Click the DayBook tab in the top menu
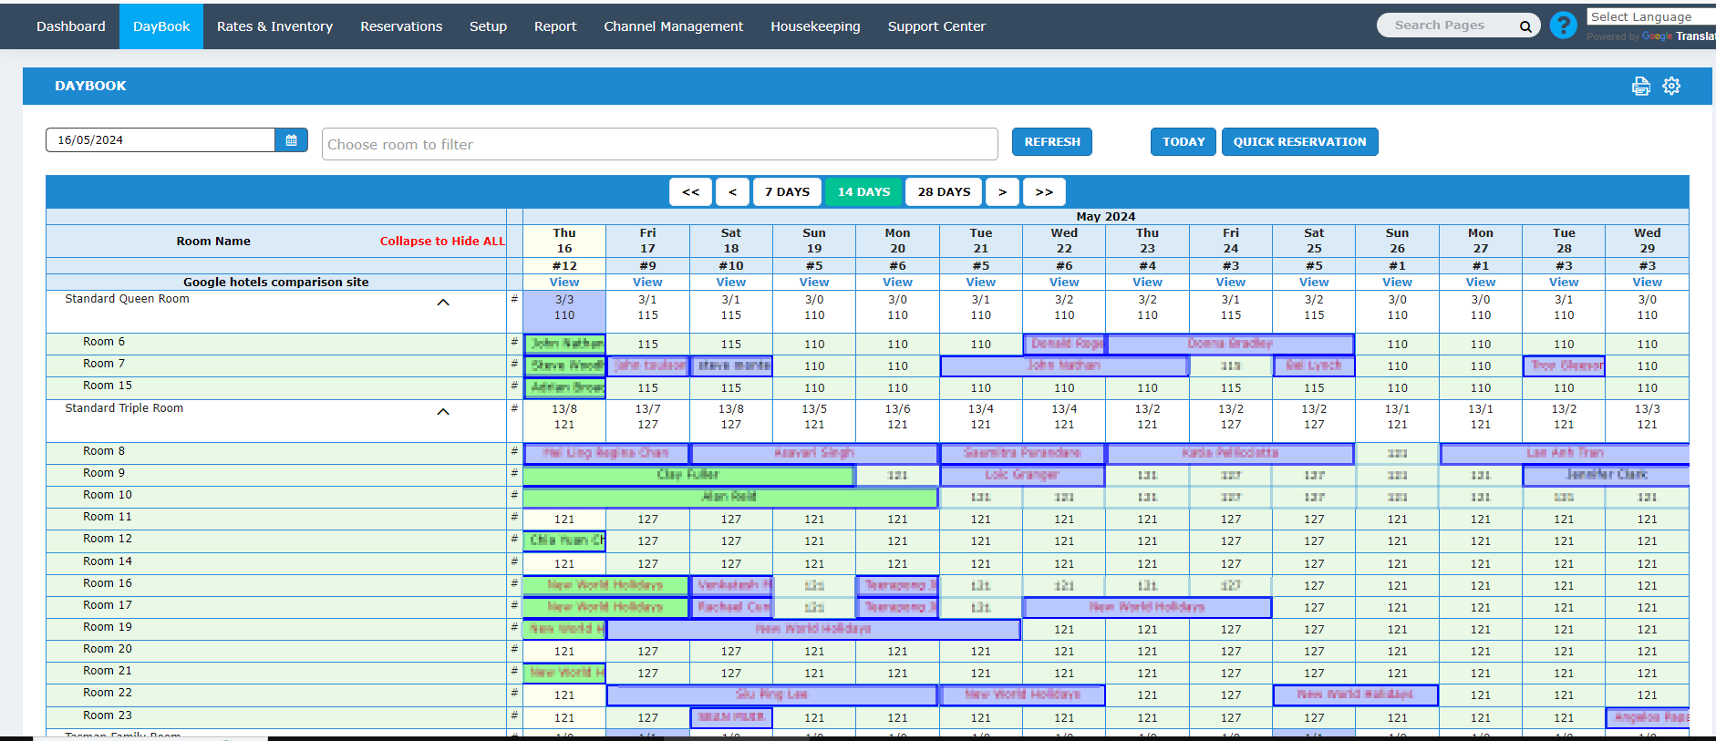click(x=161, y=26)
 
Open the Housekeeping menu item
click(x=815, y=26)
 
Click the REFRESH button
click(x=1051, y=142)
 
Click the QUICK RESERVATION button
click(x=1299, y=142)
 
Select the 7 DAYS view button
click(x=787, y=192)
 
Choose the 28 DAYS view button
click(x=944, y=192)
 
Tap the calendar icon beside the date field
click(x=291, y=140)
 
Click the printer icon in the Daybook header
click(x=1640, y=86)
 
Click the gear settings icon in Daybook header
click(x=1671, y=86)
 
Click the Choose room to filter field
click(x=659, y=144)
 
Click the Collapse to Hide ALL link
click(x=442, y=242)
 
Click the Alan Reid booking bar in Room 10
click(x=729, y=497)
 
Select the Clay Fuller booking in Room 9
click(x=688, y=475)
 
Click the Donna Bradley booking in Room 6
click(x=1229, y=344)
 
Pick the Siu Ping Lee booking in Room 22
click(x=771, y=695)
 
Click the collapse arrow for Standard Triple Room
click(x=443, y=412)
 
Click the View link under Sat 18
click(x=730, y=283)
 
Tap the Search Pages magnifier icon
click(x=1525, y=26)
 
